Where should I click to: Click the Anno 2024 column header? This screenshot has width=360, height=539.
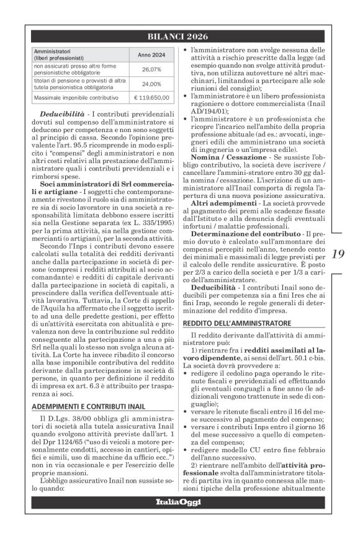(x=151, y=55)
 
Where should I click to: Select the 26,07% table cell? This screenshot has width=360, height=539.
(x=151, y=69)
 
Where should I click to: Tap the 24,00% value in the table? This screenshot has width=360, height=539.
(x=151, y=84)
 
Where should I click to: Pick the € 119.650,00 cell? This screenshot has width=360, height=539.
(x=151, y=98)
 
